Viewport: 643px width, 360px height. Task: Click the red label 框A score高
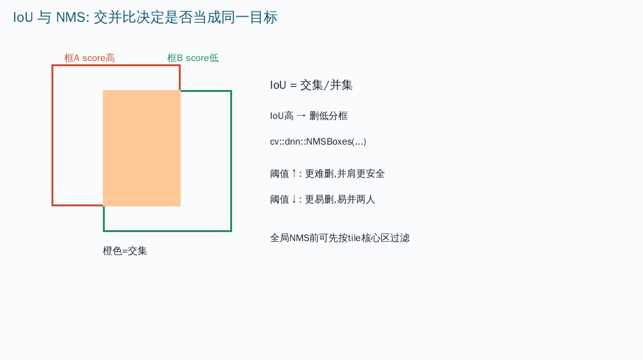click(x=89, y=58)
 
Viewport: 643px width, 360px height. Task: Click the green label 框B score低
click(x=193, y=58)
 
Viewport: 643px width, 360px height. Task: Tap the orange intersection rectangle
click(x=141, y=148)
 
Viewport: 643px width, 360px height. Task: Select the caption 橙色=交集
click(x=125, y=251)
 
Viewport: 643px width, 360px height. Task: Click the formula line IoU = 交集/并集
click(x=311, y=85)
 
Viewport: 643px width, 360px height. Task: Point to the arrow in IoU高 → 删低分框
click(x=302, y=116)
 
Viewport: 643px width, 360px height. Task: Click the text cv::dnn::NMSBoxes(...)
click(x=318, y=141)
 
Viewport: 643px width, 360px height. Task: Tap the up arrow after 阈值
click(x=294, y=174)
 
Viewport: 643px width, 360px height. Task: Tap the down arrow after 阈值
click(x=294, y=199)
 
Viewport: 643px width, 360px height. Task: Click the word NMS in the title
click(x=71, y=17)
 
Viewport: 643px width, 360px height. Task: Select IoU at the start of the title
click(x=23, y=17)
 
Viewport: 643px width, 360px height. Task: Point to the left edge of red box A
click(x=53, y=135)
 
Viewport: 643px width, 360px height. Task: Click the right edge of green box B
click(x=231, y=161)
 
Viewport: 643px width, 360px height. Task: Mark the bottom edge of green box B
click(x=168, y=231)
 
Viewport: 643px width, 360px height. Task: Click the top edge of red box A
click(x=116, y=66)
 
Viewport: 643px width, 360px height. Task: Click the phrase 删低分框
click(x=329, y=116)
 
